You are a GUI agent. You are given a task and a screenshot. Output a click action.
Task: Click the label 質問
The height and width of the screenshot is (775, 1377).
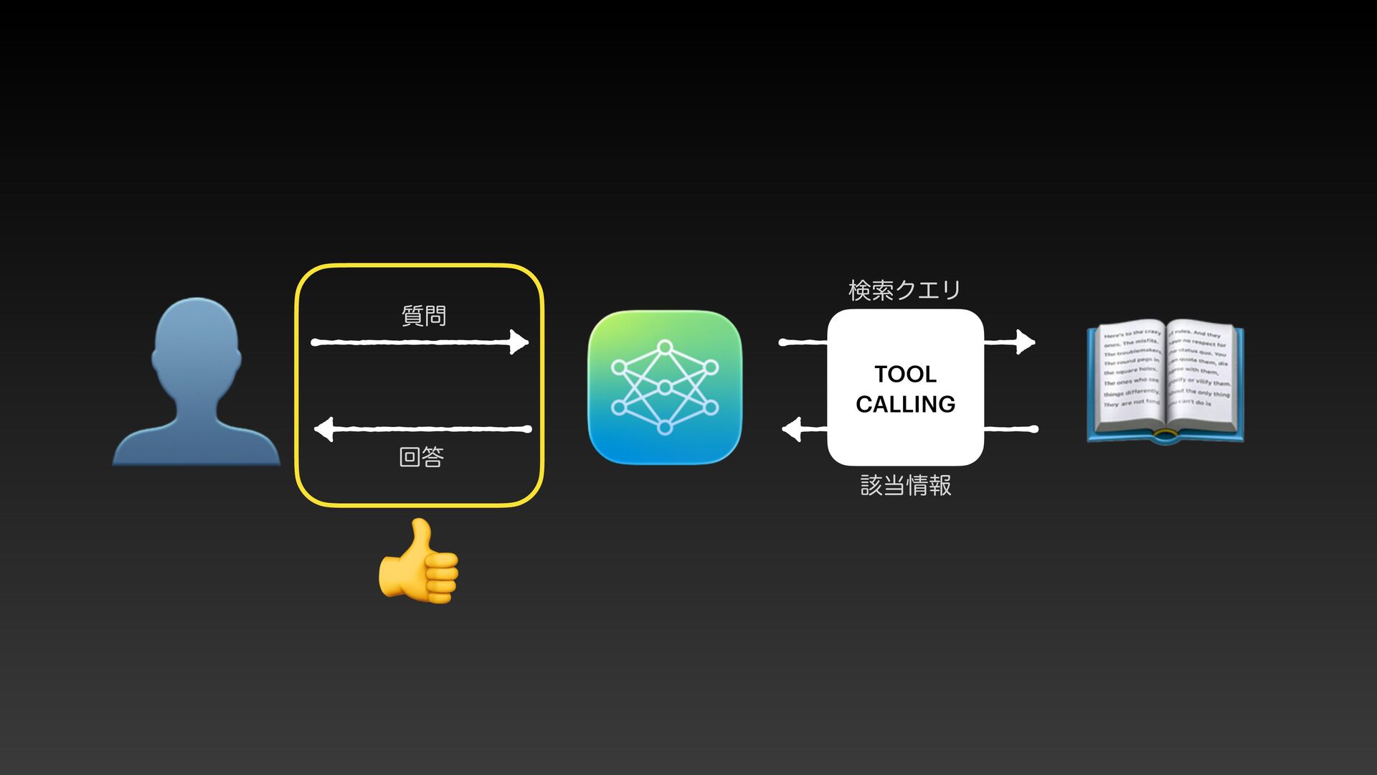coord(423,316)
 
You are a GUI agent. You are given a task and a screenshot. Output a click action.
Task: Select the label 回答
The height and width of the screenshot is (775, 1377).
coord(422,457)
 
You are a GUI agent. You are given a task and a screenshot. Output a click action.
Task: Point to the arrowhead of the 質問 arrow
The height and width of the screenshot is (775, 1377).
coord(519,342)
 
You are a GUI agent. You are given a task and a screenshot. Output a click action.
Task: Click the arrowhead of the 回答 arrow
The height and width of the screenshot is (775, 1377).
coord(324,429)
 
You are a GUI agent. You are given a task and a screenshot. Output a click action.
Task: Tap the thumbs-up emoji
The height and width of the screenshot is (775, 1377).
coord(420,563)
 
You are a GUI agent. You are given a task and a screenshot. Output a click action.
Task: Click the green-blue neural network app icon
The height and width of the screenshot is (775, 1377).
coord(664,387)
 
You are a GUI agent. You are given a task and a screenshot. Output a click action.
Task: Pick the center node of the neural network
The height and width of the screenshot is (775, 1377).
coord(665,387)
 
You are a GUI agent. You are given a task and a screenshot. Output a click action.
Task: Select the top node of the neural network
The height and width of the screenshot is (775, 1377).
coord(665,347)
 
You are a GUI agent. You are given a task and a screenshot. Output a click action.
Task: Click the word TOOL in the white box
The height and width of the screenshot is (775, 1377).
coord(905,374)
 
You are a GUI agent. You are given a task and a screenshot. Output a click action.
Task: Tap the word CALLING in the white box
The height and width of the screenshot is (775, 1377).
coord(905,404)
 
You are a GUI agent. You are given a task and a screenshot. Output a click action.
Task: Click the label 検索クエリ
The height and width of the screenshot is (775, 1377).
coord(904,290)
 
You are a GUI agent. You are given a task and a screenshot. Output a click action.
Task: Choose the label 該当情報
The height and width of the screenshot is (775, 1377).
coord(906,486)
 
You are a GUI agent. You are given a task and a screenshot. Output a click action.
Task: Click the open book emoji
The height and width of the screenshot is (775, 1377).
coord(1165,380)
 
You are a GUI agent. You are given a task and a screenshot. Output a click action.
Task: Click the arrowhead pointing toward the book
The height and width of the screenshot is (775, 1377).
coord(1026,342)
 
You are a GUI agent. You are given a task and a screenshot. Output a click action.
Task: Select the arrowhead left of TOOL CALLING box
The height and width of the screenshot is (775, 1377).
coord(792,430)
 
